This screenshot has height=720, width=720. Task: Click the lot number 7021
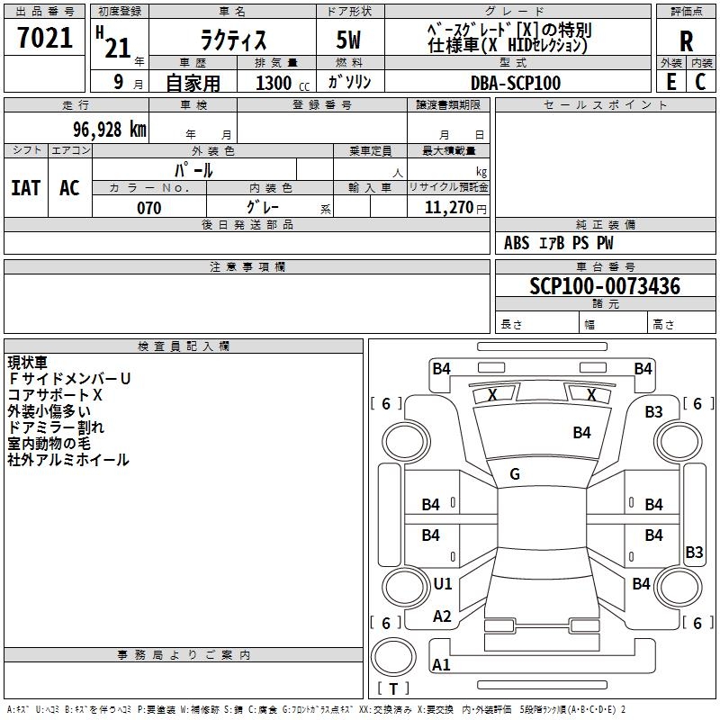45,39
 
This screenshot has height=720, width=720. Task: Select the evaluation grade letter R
686,40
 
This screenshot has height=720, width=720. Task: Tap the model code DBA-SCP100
516,83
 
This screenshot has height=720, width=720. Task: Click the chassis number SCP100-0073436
605,287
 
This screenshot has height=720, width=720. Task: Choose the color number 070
148,208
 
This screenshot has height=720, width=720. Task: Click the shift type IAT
25,188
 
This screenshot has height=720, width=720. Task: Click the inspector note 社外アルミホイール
68,460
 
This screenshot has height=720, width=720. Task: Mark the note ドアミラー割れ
56,427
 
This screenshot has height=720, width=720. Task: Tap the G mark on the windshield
515,474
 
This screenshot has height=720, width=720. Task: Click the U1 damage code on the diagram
443,584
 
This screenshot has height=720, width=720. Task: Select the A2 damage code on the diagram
442,616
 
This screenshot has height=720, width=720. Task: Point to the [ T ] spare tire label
393,689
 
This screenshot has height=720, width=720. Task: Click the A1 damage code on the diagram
441,665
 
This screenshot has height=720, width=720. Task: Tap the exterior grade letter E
670,81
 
